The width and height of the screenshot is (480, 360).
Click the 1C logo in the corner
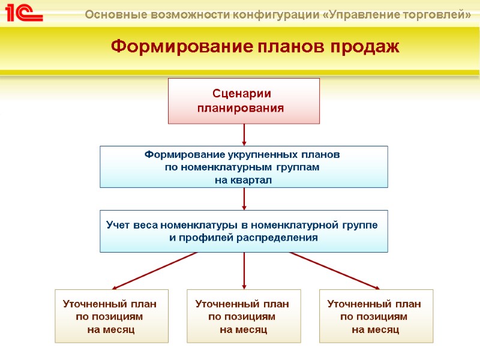click(x=25, y=13)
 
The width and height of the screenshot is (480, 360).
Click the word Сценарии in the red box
click(x=242, y=94)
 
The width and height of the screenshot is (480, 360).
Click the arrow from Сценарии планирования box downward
click(x=244, y=134)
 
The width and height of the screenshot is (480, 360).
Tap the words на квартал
click(x=243, y=180)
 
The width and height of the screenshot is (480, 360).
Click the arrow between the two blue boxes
click(x=244, y=199)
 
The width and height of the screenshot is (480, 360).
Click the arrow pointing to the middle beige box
click(x=244, y=271)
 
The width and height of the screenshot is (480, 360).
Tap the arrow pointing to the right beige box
click(x=336, y=271)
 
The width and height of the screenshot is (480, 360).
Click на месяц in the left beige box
click(x=111, y=329)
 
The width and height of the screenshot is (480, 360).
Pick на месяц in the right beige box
click(x=375, y=329)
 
